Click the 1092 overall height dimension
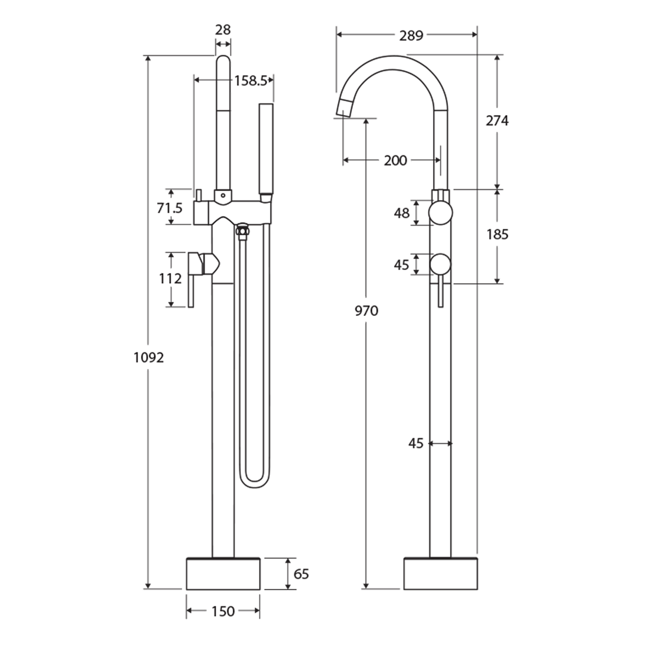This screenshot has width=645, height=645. (148, 358)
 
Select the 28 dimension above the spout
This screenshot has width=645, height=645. (223, 30)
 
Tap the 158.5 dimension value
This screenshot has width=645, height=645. (250, 81)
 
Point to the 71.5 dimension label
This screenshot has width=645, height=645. (171, 208)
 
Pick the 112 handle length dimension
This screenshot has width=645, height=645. (171, 278)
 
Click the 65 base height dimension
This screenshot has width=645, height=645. (302, 574)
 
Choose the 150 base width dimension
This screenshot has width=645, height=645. (223, 611)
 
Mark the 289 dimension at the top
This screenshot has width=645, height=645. (411, 35)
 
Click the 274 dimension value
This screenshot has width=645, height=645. (497, 121)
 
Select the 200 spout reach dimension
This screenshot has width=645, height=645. (395, 160)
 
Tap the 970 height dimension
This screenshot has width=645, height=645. (366, 311)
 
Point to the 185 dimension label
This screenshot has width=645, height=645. (497, 235)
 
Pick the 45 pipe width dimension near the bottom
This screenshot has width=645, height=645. (416, 443)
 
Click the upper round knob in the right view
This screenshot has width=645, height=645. (442, 213)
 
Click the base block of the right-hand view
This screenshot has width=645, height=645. (441, 574)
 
